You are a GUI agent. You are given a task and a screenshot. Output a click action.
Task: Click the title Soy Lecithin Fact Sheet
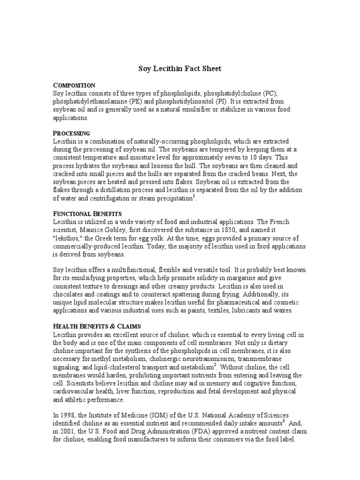(x=180, y=68)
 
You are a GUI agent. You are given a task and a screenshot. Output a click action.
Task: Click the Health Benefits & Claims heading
(x=100, y=326)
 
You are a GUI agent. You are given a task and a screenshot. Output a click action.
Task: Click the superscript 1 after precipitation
(x=194, y=196)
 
